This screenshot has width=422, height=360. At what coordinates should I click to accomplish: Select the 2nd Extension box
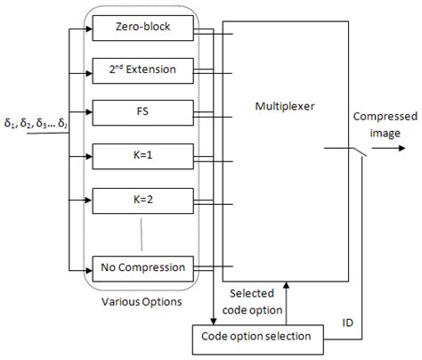pyautogui.click(x=143, y=69)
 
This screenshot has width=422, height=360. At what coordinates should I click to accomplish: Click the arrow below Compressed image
pyautogui.click(x=387, y=151)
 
